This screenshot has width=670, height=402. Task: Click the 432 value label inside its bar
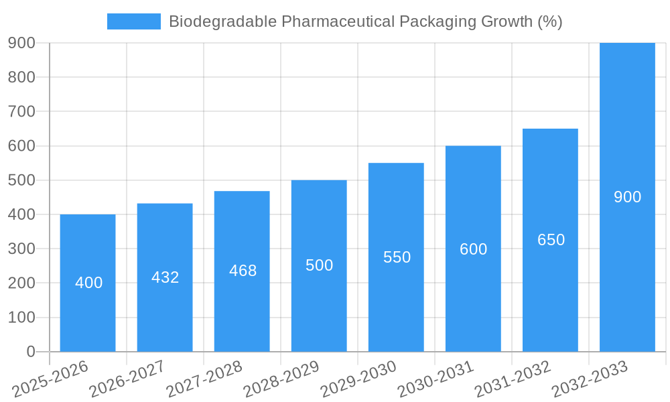pos(165,277)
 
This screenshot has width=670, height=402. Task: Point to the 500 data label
pos(320,265)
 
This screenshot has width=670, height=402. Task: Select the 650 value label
pos(551,240)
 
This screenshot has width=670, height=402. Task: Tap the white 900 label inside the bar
pos(628,197)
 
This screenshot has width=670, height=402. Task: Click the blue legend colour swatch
pos(134,21)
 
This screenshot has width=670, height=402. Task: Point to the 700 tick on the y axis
pos(21,111)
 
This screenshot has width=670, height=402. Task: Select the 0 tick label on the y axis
pos(31,352)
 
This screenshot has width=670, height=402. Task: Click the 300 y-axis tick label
pos(21,249)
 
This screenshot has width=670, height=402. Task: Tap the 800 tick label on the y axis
pos(21,77)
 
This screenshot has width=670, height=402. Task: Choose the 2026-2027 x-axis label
pos(127,379)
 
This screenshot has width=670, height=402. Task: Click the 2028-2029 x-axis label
pos(281,379)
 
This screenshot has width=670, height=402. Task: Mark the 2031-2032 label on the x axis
pos(513,379)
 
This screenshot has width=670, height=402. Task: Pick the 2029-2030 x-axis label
pos(358,379)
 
